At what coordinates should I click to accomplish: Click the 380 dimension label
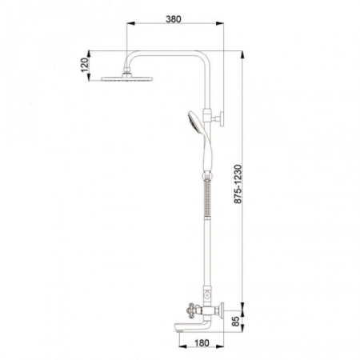(x=174, y=19)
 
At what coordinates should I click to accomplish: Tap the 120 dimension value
(x=85, y=65)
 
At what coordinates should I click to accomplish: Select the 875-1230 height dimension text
(x=238, y=184)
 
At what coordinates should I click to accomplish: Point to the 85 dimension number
(x=235, y=322)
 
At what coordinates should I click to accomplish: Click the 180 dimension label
(x=202, y=343)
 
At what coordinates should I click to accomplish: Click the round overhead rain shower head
(x=127, y=78)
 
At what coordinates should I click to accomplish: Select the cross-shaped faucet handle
(x=191, y=310)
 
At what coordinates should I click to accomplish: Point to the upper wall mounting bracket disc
(x=222, y=118)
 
